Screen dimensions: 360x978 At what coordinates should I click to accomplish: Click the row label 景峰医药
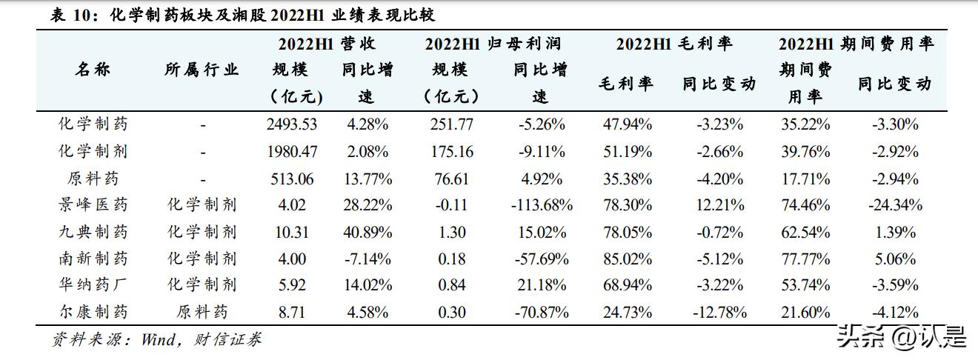pos(93,205)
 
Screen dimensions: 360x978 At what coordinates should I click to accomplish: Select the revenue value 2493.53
pos(292,124)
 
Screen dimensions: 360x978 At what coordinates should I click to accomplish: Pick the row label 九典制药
pos(93,232)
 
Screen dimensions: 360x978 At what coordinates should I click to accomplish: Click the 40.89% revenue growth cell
pos(368,232)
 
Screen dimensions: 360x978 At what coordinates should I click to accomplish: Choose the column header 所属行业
pos(202,70)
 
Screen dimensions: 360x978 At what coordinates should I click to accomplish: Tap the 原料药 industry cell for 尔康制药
pos(202,312)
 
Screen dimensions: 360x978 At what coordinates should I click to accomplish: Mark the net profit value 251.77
pos(451,124)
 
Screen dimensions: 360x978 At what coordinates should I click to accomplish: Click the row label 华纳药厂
pos(93,285)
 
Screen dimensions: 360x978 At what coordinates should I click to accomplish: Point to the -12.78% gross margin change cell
pos(719,312)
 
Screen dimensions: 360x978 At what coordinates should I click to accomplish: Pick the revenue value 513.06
pos(292,179)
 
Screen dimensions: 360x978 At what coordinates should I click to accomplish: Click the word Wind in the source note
pos(159,340)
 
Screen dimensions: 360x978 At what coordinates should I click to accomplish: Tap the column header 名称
pos(93,70)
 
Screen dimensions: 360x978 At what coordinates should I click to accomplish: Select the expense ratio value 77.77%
pos(805,259)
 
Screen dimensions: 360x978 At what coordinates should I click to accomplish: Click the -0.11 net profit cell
pos(451,205)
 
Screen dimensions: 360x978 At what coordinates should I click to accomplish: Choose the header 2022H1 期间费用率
pos(856,44)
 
